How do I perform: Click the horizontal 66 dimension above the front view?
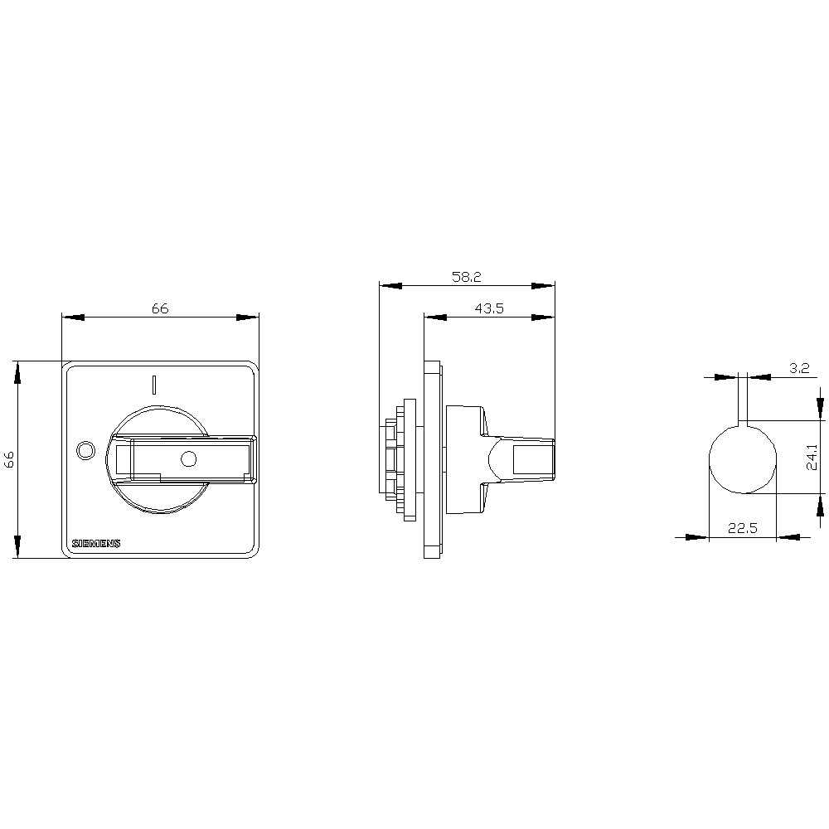pyautogui.click(x=160, y=308)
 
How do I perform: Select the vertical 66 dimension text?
pyautogui.click(x=9, y=460)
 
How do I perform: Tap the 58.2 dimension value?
pyautogui.click(x=467, y=278)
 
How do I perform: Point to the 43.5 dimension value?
pyautogui.click(x=490, y=308)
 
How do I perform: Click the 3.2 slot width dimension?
pyautogui.click(x=798, y=369)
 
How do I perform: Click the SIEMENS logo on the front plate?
pyautogui.click(x=96, y=544)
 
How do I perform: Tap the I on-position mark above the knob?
pyautogui.click(x=153, y=384)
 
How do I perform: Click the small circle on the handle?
pyautogui.click(x=188, y=458)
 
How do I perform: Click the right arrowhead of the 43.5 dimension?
pyautogui.click(x=545, y=316)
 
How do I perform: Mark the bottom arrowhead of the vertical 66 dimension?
pyautogui.click(x=17, y=547)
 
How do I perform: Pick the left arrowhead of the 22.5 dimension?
pyautogui.click(x=698, y=537)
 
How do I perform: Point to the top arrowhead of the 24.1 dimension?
pyautogui.click(x=821, y=409)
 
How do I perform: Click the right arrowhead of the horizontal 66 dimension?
pyautogui.click(x=248, y=317)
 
